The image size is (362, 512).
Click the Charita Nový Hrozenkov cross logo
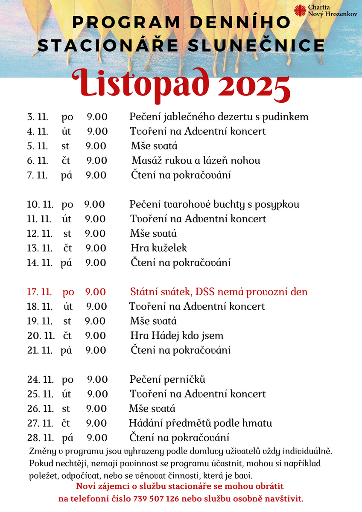[x=301, y=11]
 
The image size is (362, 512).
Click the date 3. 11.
[x=37, y=116]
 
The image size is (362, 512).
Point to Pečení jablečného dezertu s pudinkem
[x=219, y=116]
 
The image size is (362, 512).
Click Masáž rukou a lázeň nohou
[x=196, y=160]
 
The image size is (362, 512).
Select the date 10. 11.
[x=40, y=204]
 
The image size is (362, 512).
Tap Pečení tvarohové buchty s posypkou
[x=214, y=204]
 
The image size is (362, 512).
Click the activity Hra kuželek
[x=159, y=248]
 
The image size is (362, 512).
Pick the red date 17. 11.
[x=39, y=292]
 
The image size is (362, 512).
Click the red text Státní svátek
[x=160, y=292]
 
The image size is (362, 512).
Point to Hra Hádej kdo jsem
[x=177, y=336]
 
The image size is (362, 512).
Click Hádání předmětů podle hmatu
[x=200, y=423]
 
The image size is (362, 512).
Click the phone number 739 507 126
[x=156, y=498]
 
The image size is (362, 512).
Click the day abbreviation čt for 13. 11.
[x=68, y=248]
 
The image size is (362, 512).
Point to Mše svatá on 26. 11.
[x=152, y=409]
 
